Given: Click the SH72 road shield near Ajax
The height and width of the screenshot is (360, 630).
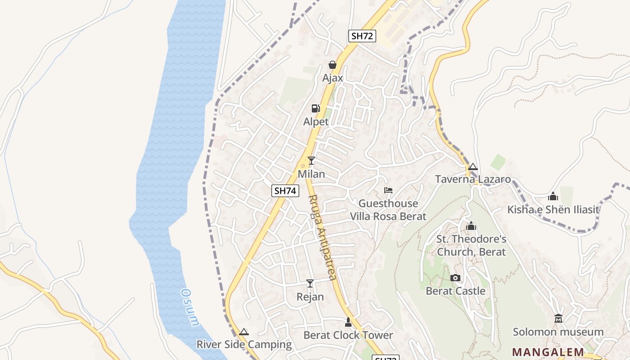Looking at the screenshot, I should coord(362,36).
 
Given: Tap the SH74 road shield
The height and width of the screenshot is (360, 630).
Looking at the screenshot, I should coord(285,191).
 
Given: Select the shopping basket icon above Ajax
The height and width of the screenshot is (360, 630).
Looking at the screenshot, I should coord(333,65).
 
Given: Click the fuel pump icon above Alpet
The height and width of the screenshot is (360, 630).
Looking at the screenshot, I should coord(316,108).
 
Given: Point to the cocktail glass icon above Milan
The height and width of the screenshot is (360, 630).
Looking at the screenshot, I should coord(311,161).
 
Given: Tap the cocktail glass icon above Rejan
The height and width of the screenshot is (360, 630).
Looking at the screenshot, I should coord(310,283).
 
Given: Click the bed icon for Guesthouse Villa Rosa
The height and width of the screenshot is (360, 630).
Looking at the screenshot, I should coord(388,190).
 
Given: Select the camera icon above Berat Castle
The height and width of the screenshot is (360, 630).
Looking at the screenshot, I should coord(455,278).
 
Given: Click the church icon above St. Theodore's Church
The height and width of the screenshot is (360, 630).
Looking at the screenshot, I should coord(471,226).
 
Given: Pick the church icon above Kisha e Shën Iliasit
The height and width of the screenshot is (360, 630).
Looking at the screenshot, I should coord(553,196).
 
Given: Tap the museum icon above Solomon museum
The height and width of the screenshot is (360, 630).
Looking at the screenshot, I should coord(558,319).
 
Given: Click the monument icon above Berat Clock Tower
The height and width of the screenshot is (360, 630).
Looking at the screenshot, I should coord(348,322).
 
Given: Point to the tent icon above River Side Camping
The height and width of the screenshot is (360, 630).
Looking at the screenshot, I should coord(244,332).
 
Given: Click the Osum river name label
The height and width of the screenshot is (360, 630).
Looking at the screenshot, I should coord(190,307).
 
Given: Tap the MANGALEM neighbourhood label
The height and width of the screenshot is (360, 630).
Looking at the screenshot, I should coord(548,352).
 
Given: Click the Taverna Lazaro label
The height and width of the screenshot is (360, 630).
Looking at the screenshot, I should coord(473,180).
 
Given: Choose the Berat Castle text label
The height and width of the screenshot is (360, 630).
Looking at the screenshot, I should coord(455,291).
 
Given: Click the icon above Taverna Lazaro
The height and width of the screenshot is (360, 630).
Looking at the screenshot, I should coord(472,167).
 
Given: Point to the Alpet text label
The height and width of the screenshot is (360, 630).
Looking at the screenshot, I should coord(316,122).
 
